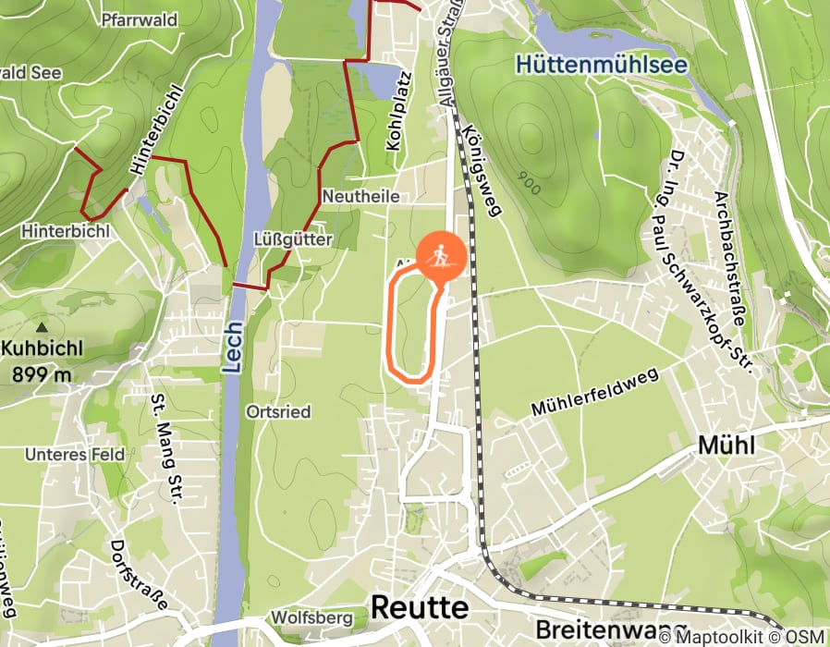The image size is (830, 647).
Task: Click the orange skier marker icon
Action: coord(441,254)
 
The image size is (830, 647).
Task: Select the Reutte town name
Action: coord(419,607)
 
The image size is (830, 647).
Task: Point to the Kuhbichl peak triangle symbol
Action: coord(41,328)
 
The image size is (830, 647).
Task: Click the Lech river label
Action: coord(233,347)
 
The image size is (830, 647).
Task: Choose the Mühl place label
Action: coord(726,446)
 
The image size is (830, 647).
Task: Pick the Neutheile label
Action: coord(360,197)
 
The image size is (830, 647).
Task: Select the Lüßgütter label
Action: coord(292,239)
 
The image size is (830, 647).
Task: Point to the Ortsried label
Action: coord(278,411)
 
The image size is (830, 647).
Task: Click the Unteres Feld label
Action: coord(61,455)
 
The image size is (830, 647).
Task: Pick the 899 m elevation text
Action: coord(42,374)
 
